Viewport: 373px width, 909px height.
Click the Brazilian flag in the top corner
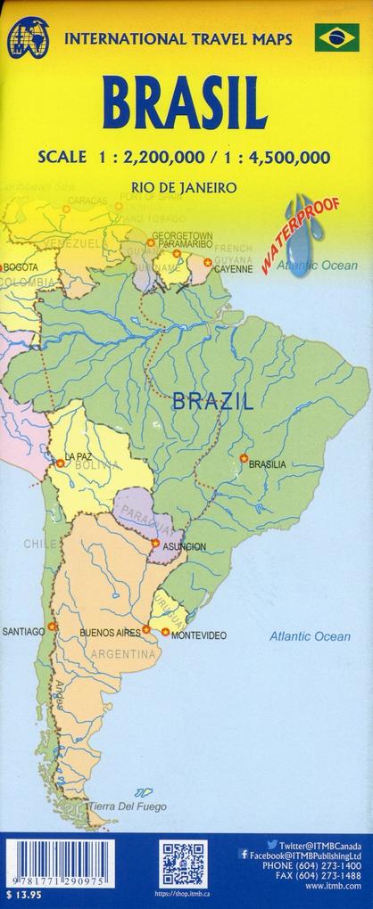(x=336, y=37)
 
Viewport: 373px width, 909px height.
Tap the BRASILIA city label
(x=268, y=464)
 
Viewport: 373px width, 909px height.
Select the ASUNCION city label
(x=185, y=545)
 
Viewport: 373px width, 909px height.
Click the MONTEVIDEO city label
(x=198, y=635)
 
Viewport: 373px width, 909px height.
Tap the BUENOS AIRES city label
(x=110, y=634)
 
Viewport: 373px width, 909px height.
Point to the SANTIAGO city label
(x=23, y=632)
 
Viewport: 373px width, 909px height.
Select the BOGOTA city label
(x=21, y=267)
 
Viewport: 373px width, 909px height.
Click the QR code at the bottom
(x=182, y=865)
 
